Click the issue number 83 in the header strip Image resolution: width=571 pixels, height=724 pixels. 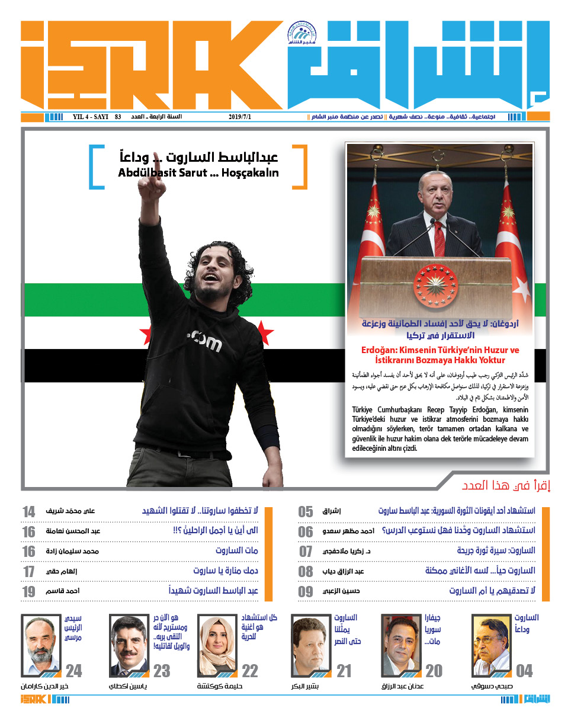(118, 117)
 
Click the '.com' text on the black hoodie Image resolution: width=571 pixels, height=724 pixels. (203, 342)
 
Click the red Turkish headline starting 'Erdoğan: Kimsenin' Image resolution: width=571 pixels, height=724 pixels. (440, 355)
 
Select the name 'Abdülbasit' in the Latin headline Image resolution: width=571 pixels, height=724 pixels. (145, 174)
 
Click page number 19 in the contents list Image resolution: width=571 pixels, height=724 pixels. (28, 591)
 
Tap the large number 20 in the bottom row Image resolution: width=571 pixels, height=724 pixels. (434, 671)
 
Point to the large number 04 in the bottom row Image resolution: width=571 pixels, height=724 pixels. (524, 671)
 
